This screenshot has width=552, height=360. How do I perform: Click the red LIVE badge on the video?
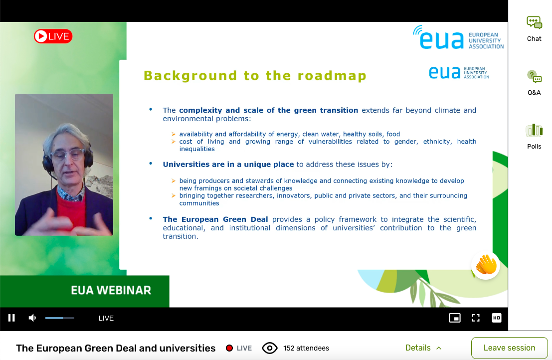pyautogui.click(x=53, y=36)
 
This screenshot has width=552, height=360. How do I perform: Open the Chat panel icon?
pyautogui.click(x=534, y=22)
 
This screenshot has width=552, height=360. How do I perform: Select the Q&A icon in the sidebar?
pyautogui.click(x=534, y=76)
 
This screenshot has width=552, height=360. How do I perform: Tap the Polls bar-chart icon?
pyautogui.click(x=534, y=130)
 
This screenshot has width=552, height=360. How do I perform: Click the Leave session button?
pyautogui.click(x=510, y=348)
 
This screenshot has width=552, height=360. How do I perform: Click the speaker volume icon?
pyautogui.click(x=32, y=318)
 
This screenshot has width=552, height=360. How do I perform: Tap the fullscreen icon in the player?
pyautogui.click(x=476, y=318)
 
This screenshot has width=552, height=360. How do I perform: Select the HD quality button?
pyautogui.click(x=496, y=318)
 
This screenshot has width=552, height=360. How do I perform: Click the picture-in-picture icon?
pyautogui.click(x=455, y=318)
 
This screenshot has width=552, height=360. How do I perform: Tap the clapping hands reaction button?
pyautogui.click(x=486, y=265)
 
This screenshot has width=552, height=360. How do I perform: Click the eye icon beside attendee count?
pyautogui.click(x=270, y=348)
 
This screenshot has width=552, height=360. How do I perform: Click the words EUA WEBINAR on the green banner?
pyautogui.click(x=111, y=290)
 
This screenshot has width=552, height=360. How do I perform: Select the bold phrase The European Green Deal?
pyautogui.click(x=215, y=219)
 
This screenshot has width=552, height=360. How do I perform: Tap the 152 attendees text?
pyautogui.click(x=306, y=348)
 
